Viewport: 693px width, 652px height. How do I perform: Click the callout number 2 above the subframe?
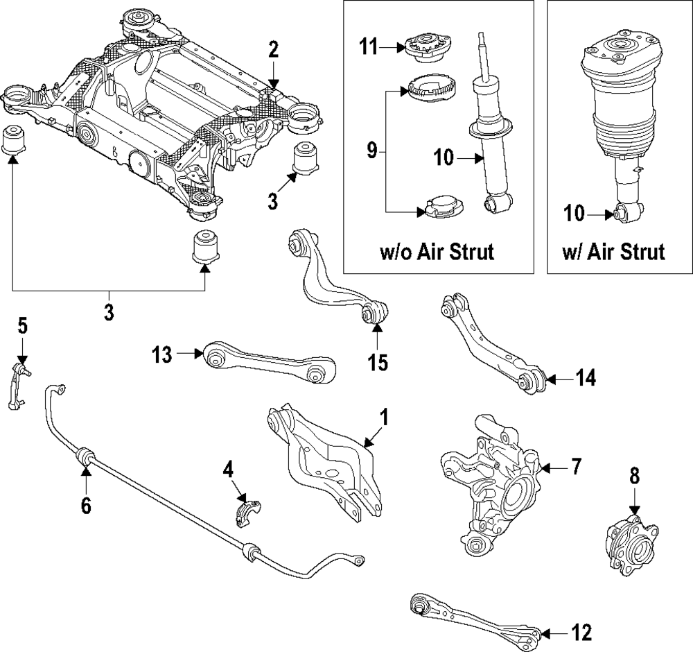pos(274,49)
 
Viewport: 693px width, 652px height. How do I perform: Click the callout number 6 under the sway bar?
pos(86,506)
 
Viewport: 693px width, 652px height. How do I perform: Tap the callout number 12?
pos(581,633)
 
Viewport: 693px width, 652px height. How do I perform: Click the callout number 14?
pos(586,378)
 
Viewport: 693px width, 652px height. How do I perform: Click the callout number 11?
pos(369,48)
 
